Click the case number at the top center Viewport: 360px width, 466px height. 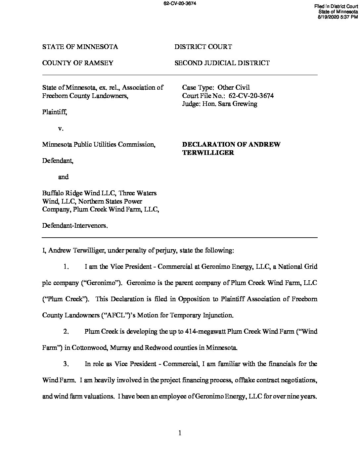(180, 4)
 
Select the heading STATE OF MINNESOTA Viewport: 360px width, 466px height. (80, 47)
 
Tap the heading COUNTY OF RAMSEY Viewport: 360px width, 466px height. (78, 63)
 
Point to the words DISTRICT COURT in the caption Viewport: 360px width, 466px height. (203, 47)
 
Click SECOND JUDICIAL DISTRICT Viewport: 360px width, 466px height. (222, 63)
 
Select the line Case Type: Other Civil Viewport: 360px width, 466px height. (216, 88)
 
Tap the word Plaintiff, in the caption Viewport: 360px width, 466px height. (55, 112)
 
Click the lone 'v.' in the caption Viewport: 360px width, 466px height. (61, 128)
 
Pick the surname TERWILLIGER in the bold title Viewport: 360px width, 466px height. (208, 153)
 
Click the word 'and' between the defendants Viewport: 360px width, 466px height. (63, 177)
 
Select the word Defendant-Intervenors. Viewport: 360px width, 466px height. (75, 226)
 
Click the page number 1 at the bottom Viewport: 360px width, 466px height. (180, 433)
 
